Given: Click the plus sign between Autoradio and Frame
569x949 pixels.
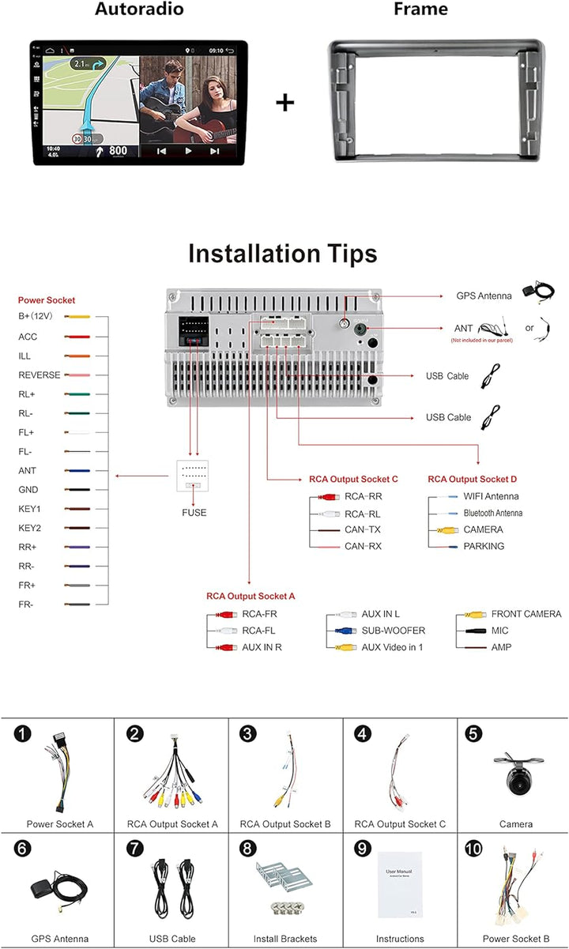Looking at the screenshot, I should click(x=284, y=103).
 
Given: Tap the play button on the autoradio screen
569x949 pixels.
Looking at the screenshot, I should click(x=188, y=150).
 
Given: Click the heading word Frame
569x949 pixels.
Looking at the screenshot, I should click(x=420, y=9).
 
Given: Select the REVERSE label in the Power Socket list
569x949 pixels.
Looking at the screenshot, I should click(x=40, y=375).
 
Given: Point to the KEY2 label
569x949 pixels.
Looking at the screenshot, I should click(x=29, y=528).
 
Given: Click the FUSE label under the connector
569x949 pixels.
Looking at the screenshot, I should click(x=194, y=513).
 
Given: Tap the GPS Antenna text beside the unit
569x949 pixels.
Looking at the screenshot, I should click(x=484, y=296).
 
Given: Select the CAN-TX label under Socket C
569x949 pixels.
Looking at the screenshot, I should click(x=363, y=529).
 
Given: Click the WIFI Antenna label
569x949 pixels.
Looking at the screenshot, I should click(x=491, y=496).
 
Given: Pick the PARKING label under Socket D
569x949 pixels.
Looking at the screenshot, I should click(x=484, y=546).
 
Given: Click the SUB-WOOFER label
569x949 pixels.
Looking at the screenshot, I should click(x=394, y=631).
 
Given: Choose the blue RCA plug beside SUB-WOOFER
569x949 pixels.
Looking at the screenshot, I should click(x=342, y=631).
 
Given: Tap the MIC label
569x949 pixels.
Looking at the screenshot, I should click(x=500, y=631).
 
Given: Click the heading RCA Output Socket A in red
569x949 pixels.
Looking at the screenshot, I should click(x=251, y=597).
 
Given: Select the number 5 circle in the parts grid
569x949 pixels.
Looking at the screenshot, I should click(x=473, y=734).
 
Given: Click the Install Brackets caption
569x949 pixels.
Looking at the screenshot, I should click(x=284, y=940).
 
